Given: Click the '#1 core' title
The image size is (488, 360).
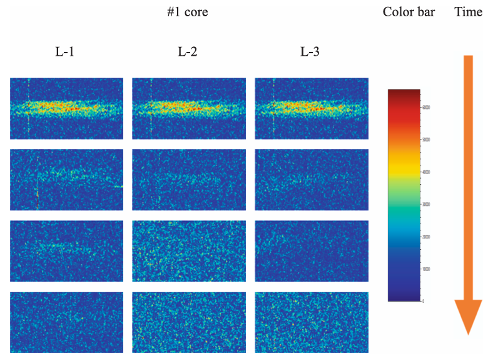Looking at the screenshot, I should (x=187, y=12).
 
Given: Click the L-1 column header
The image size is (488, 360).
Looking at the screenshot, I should (x=64, y=52).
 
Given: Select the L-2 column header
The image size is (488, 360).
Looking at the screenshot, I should (x=187, y=52).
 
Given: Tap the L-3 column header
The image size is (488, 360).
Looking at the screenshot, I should (x=310, y=52).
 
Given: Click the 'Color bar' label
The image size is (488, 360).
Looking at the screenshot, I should (x=409, y=12).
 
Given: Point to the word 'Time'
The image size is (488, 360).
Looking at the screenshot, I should (x=468, y=12).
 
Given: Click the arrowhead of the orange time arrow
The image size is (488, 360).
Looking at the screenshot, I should (x=468, y=317).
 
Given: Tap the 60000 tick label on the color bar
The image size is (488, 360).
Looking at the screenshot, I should (x=425, y=107).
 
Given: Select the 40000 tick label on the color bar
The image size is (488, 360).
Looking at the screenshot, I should (x=425, y=172).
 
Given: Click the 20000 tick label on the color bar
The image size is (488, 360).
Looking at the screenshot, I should (x=425, y=237).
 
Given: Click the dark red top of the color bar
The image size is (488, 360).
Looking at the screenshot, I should (x=404, y=93).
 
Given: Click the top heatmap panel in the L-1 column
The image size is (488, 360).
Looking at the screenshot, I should (x=66, y=108).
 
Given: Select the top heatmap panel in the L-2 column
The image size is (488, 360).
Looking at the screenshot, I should (x=189, y=108).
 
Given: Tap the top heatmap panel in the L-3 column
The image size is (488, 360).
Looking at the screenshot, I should (x=312, y=108).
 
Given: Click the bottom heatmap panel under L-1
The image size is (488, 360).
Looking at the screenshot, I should (x=66, y=322).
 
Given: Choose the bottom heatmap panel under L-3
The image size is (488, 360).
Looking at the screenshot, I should (x=312, y=322).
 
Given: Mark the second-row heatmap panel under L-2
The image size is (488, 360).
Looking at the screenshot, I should (x=189, y=179).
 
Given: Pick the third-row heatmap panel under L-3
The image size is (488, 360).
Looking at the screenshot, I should (x=312, y=250).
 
